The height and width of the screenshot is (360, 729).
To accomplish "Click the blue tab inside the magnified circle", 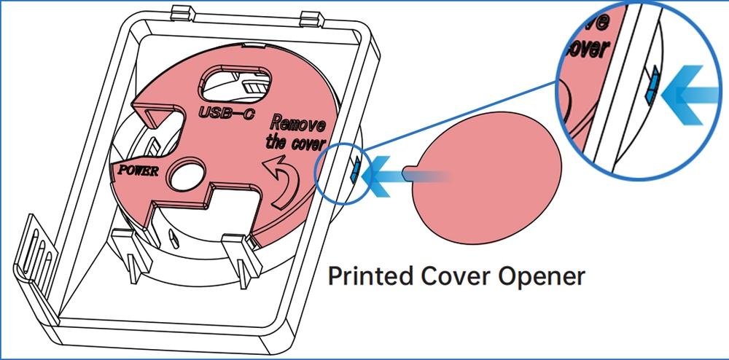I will [653, 85].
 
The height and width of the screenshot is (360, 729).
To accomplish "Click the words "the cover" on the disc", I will [295, 142].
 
